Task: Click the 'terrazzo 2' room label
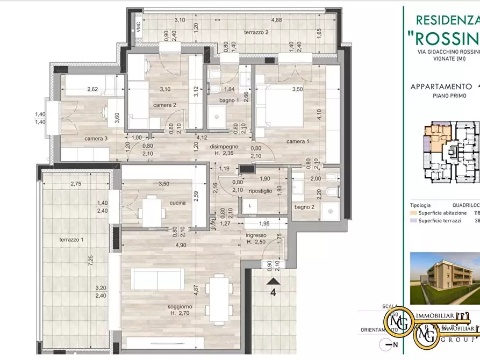point(255,33)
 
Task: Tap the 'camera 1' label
point(297,141)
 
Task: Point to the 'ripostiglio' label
point(261,190)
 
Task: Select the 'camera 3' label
point(96,139)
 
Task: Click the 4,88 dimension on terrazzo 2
point(276,20)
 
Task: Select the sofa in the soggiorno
point(157,279)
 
